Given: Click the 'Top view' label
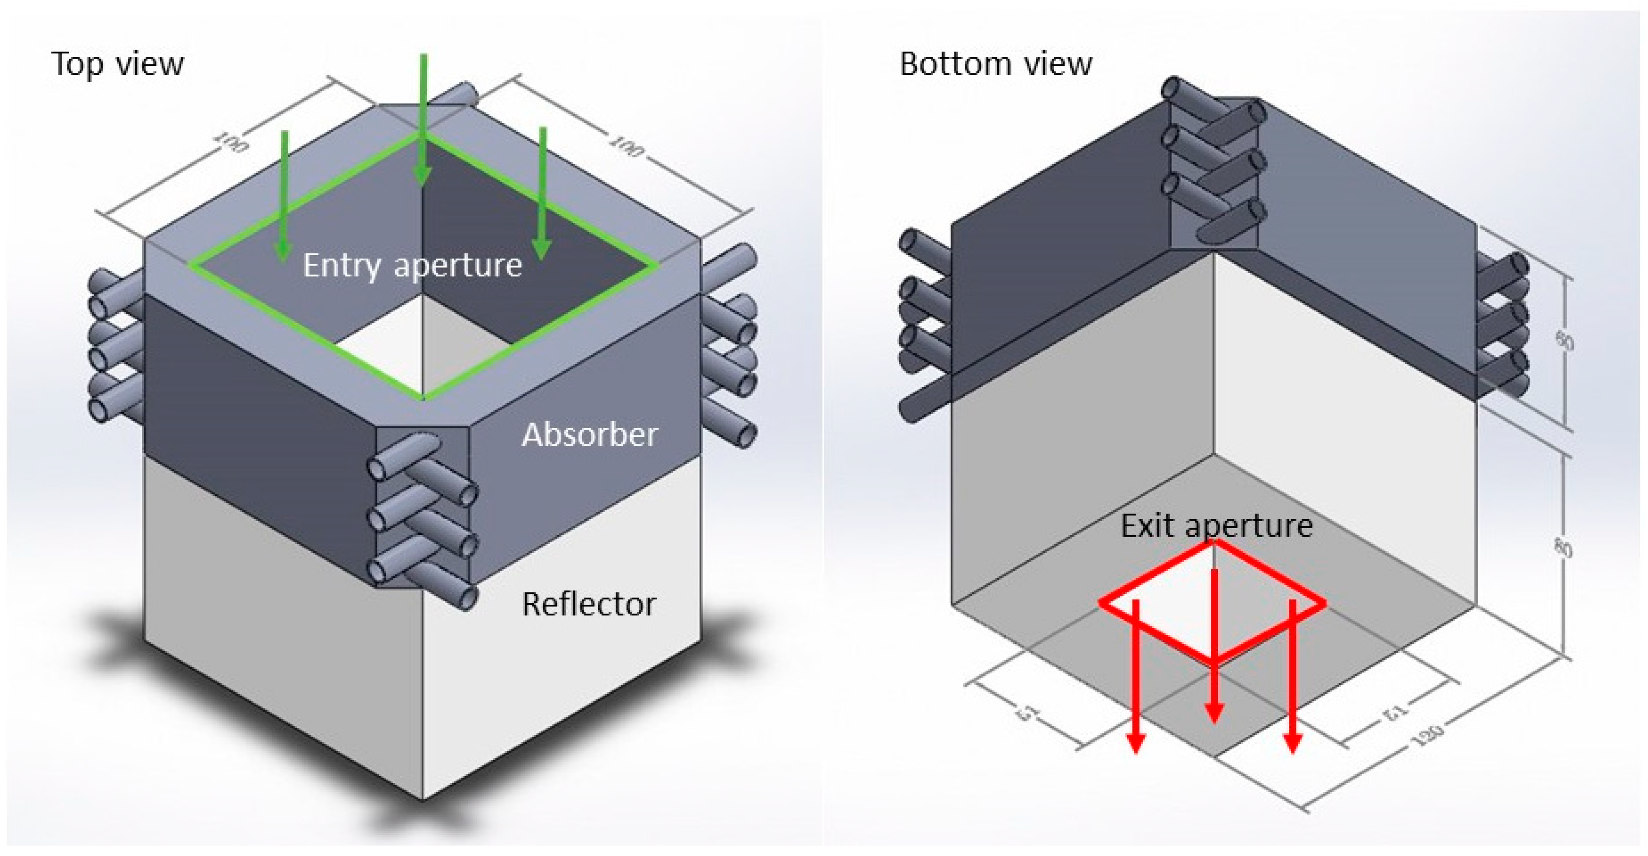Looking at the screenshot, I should [x=118, y=64].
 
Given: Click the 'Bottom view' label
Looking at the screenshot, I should [x=996, y=64].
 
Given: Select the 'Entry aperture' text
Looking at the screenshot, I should [x=412, y=265].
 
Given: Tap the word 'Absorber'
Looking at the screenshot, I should [x=589, y=435].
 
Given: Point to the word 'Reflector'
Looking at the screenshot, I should [x=589, y=604].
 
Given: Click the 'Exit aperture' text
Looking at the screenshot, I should [x=1216, y=526].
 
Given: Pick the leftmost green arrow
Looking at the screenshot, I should [x=284, y=198].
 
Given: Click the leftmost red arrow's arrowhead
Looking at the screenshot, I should [x=1136, y=742].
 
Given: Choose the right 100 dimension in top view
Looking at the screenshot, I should [x=627, y=147].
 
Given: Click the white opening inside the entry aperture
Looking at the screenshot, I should [x=384, y=349].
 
